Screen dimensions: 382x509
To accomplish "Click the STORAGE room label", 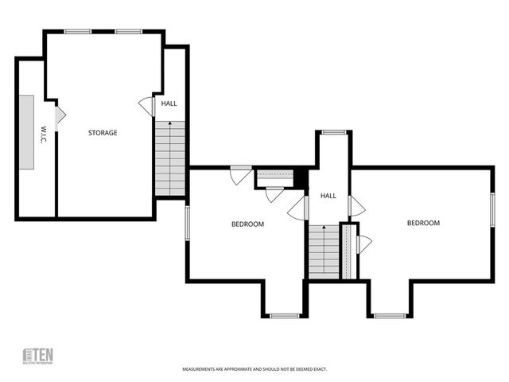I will tap(103, 132).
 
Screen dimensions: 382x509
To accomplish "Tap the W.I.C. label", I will tap(43, 134).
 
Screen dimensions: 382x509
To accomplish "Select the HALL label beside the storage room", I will tap(169, 103).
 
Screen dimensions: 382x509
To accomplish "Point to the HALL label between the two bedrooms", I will tap(328, 195).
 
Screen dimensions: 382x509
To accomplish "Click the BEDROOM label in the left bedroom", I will tap(247, 224).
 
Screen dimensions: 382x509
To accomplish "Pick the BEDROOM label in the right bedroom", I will tap(423, 223).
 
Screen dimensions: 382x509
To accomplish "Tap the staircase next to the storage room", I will tap(170, 158).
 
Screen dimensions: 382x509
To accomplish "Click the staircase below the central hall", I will tap(324, 251).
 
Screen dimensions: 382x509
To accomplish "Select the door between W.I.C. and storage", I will tap(60, 115).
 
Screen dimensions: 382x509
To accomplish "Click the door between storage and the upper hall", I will tap(147, 106).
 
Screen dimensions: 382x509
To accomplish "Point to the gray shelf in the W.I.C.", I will tap(28, 132).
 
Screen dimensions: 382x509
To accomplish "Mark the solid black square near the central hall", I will tap(301, 177).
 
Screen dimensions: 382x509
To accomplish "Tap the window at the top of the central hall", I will tap(334, 132).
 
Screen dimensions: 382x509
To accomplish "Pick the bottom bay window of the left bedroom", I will tap(284, 316).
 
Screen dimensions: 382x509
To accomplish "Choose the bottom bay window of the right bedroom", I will tap(390, 316).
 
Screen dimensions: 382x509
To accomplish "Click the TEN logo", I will tap(37, 356).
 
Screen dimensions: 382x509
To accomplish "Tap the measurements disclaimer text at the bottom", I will tap(254, 369).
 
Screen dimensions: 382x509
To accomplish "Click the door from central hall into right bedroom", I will tap(356, 208).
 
